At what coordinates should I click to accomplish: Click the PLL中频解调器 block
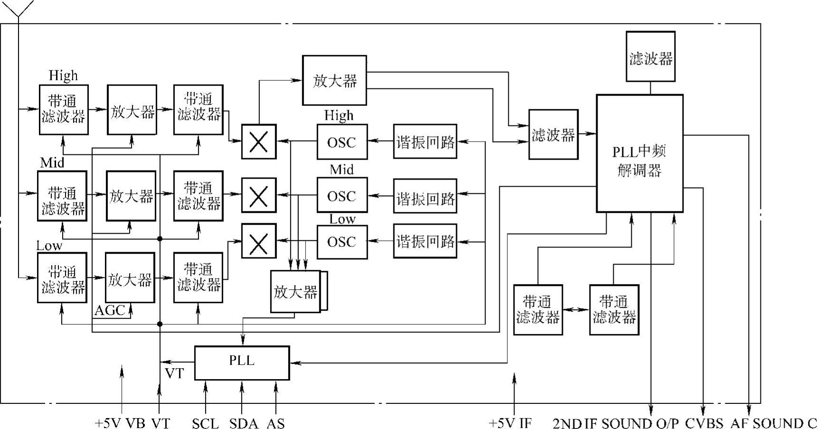coord(639,153)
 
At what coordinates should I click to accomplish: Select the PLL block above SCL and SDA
coord(242,362)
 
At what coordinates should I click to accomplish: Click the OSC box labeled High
coord(342,142)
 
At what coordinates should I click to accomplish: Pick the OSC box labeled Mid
coord(342,195)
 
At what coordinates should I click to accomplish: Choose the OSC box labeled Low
coord(342,242)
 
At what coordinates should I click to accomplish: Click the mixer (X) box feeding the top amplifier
coord(259,142)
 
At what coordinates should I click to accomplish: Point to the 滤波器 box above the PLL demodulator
coord(650,57)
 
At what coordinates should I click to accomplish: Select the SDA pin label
coord(244,423)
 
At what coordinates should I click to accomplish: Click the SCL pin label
coord(205,423)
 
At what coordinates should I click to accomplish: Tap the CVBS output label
coord(704,423)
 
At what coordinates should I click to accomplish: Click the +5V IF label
coord(511,423)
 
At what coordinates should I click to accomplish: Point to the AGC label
coord(109,311)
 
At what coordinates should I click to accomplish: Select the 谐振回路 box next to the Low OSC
coord(425,241)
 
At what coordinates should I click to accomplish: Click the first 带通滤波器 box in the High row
coord(64,109)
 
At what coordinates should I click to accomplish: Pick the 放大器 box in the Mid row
coord(131,196)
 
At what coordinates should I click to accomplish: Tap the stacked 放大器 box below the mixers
coord(295,291)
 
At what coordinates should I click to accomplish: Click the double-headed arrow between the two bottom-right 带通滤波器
coord(576,310)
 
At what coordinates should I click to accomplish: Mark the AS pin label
coord(276,423)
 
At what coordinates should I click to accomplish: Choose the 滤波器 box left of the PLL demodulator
coord(553,134)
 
